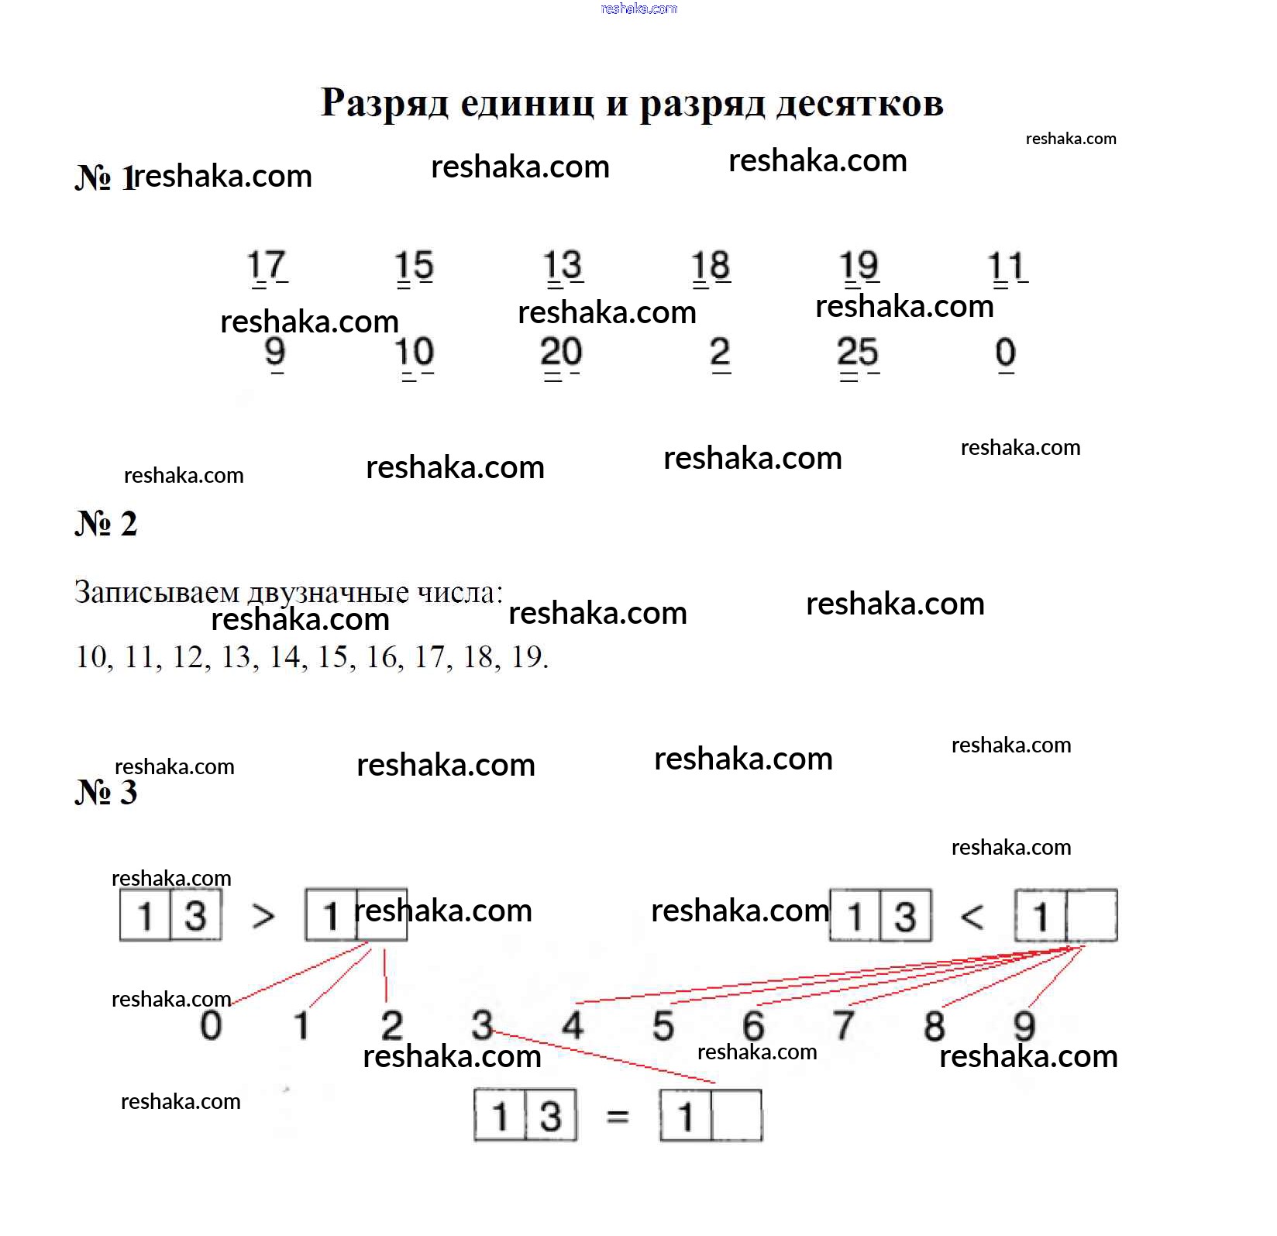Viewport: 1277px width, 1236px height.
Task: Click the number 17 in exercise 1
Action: tap(267, 266)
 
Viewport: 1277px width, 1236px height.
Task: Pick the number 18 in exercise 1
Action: tap(711, 266)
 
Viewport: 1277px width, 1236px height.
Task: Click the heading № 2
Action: tap(106, 524)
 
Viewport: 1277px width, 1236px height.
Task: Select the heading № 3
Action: tap(106, 793)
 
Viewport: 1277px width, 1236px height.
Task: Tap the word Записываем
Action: tap(157, 593)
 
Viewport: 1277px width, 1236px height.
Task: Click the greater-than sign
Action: tap(263, 917)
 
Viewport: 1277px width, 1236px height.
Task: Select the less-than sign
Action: tap(972, 918)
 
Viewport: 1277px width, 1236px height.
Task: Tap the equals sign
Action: tap(618, 1117)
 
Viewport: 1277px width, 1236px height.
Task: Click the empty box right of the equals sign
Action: tap(736, 1116)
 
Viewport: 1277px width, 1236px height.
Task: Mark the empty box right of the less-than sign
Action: tap(1091, 916)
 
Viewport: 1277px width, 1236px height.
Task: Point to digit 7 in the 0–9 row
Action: tap(844, 1024)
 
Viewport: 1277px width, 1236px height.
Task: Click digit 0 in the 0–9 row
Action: tap(211, 1024)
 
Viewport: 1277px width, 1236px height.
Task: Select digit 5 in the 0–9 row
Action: tap(663, 1024)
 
